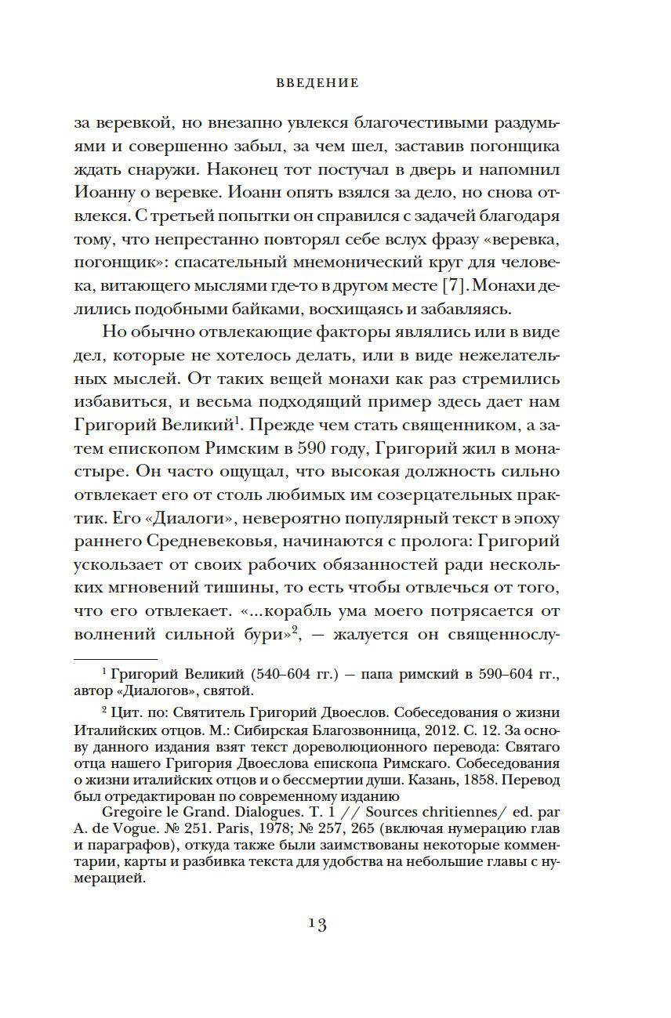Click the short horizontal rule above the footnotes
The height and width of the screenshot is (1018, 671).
pos(115,659)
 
